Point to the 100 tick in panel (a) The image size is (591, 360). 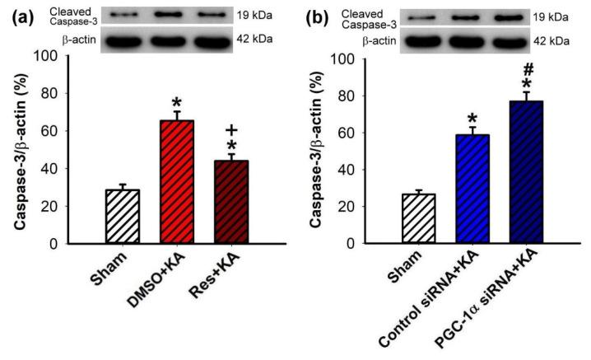tap(74, 56)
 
